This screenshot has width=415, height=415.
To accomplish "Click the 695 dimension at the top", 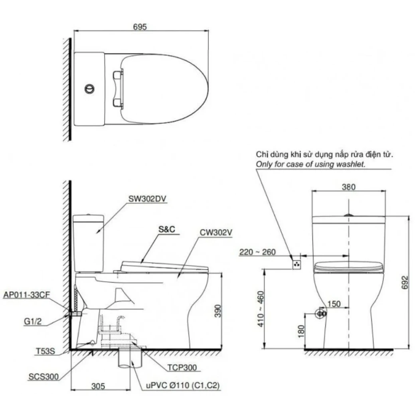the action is click(140, 27).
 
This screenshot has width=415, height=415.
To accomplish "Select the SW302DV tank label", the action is click(147, 199).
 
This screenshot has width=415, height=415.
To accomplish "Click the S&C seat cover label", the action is click(167, 229).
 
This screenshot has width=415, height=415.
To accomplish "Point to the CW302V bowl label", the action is click(216, 232).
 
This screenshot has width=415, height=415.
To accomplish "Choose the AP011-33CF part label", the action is click(26, 295).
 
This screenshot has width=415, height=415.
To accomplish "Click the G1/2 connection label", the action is click(33, 321).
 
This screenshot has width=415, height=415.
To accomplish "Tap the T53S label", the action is click(45, 351).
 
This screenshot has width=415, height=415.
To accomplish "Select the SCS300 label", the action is click(43, 377).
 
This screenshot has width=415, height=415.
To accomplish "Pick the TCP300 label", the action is click(182, 368).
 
